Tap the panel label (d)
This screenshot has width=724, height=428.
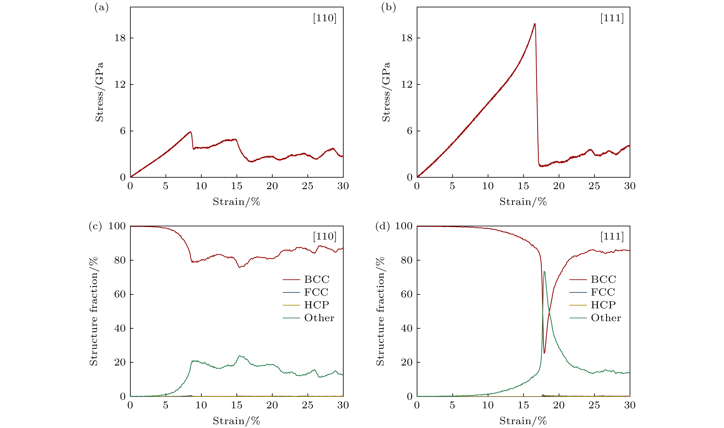pos(383,226)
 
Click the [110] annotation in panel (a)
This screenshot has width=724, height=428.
pos(325,18)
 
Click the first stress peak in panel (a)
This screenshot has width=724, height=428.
pos(190,132)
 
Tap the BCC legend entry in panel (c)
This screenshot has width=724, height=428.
pos(317,280)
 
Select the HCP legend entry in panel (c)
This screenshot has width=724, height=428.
pos(316,305)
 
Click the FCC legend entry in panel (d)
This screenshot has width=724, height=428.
pos(603,292)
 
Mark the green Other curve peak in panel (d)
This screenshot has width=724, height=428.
pos(544,271)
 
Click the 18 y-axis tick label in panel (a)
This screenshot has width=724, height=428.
pos(120,38)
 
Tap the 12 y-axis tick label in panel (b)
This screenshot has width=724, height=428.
pos(407,85)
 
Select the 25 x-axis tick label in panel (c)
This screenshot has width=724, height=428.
pos(307,405)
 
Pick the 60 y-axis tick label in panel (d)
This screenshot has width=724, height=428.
pos(407,294)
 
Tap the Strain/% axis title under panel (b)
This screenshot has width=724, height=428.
pos(523,202)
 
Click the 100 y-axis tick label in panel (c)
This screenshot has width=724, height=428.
pos(117,226)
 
